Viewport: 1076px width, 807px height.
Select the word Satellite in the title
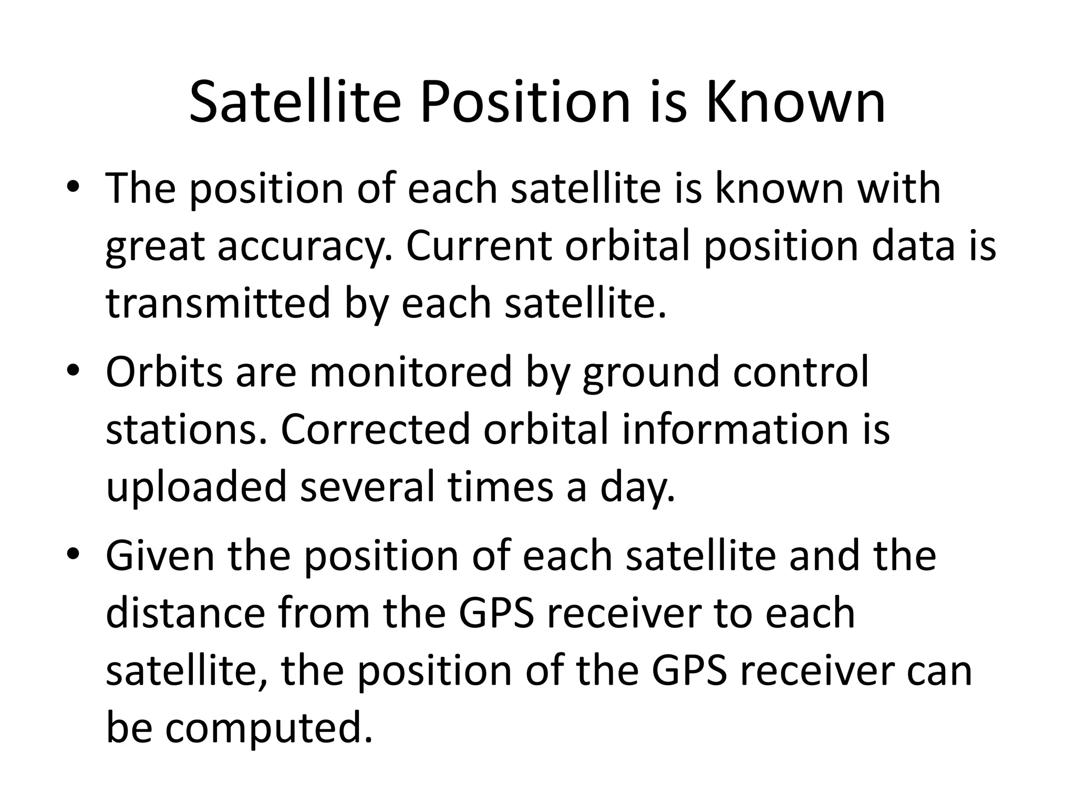[x=295, y=102]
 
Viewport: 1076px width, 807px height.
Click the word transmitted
[x=218, y=303]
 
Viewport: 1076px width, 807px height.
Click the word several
[x=367, y=487]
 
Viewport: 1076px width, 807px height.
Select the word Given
[x=160, y=556]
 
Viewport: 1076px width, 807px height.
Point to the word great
[x=154, y=247]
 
